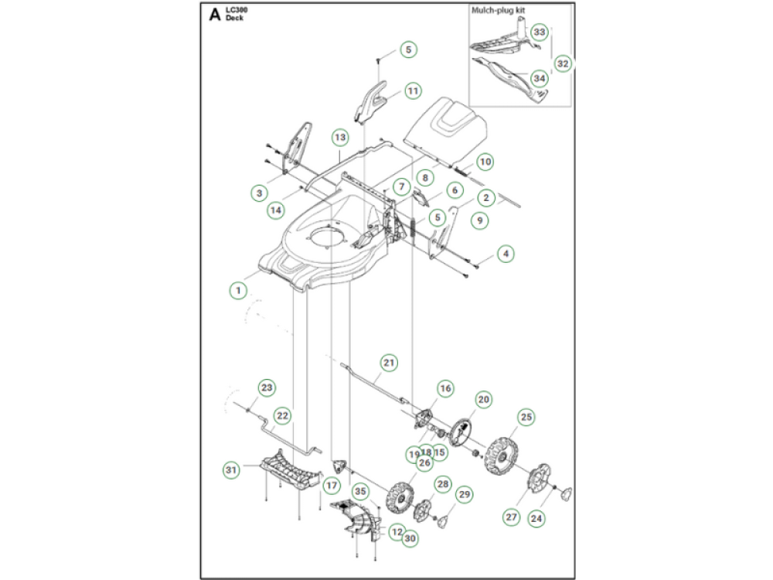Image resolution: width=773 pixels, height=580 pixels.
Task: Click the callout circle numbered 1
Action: tap(240, 290)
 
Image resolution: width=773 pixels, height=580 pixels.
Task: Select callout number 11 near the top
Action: tap(414, 90)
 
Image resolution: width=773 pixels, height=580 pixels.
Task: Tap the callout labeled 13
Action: tap(341, 137)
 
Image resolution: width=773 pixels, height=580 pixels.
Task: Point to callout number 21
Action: tap(390, 361)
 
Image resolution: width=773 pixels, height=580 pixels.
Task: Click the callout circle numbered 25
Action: tap(526, 418)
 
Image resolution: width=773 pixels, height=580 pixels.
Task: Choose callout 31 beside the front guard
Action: tap(230, 469)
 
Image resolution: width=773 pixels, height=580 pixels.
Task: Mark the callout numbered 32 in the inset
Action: tap(563, 63)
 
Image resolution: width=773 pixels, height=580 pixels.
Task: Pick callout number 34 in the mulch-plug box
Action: tap(540, 78)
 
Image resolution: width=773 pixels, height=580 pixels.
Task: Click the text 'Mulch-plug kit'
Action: tap(499, 12)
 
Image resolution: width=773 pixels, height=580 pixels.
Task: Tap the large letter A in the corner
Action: tap(214, 14)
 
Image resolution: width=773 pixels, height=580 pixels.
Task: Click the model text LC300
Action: tap(235, 9)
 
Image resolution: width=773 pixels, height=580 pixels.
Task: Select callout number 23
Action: tap(266, 387)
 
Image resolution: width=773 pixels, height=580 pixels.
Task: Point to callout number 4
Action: tap(506, 253)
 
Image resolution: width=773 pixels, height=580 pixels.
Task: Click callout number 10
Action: tap(485, 162)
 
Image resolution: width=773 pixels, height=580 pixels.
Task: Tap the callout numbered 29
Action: tap(465, 494)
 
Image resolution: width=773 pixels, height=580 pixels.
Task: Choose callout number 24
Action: tap(536, 518)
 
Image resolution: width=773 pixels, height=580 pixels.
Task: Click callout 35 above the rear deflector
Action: tap(360, 491)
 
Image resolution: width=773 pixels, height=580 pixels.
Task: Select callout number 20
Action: tap(484, 400)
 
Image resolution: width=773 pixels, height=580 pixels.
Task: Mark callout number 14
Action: tap(275, 210)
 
